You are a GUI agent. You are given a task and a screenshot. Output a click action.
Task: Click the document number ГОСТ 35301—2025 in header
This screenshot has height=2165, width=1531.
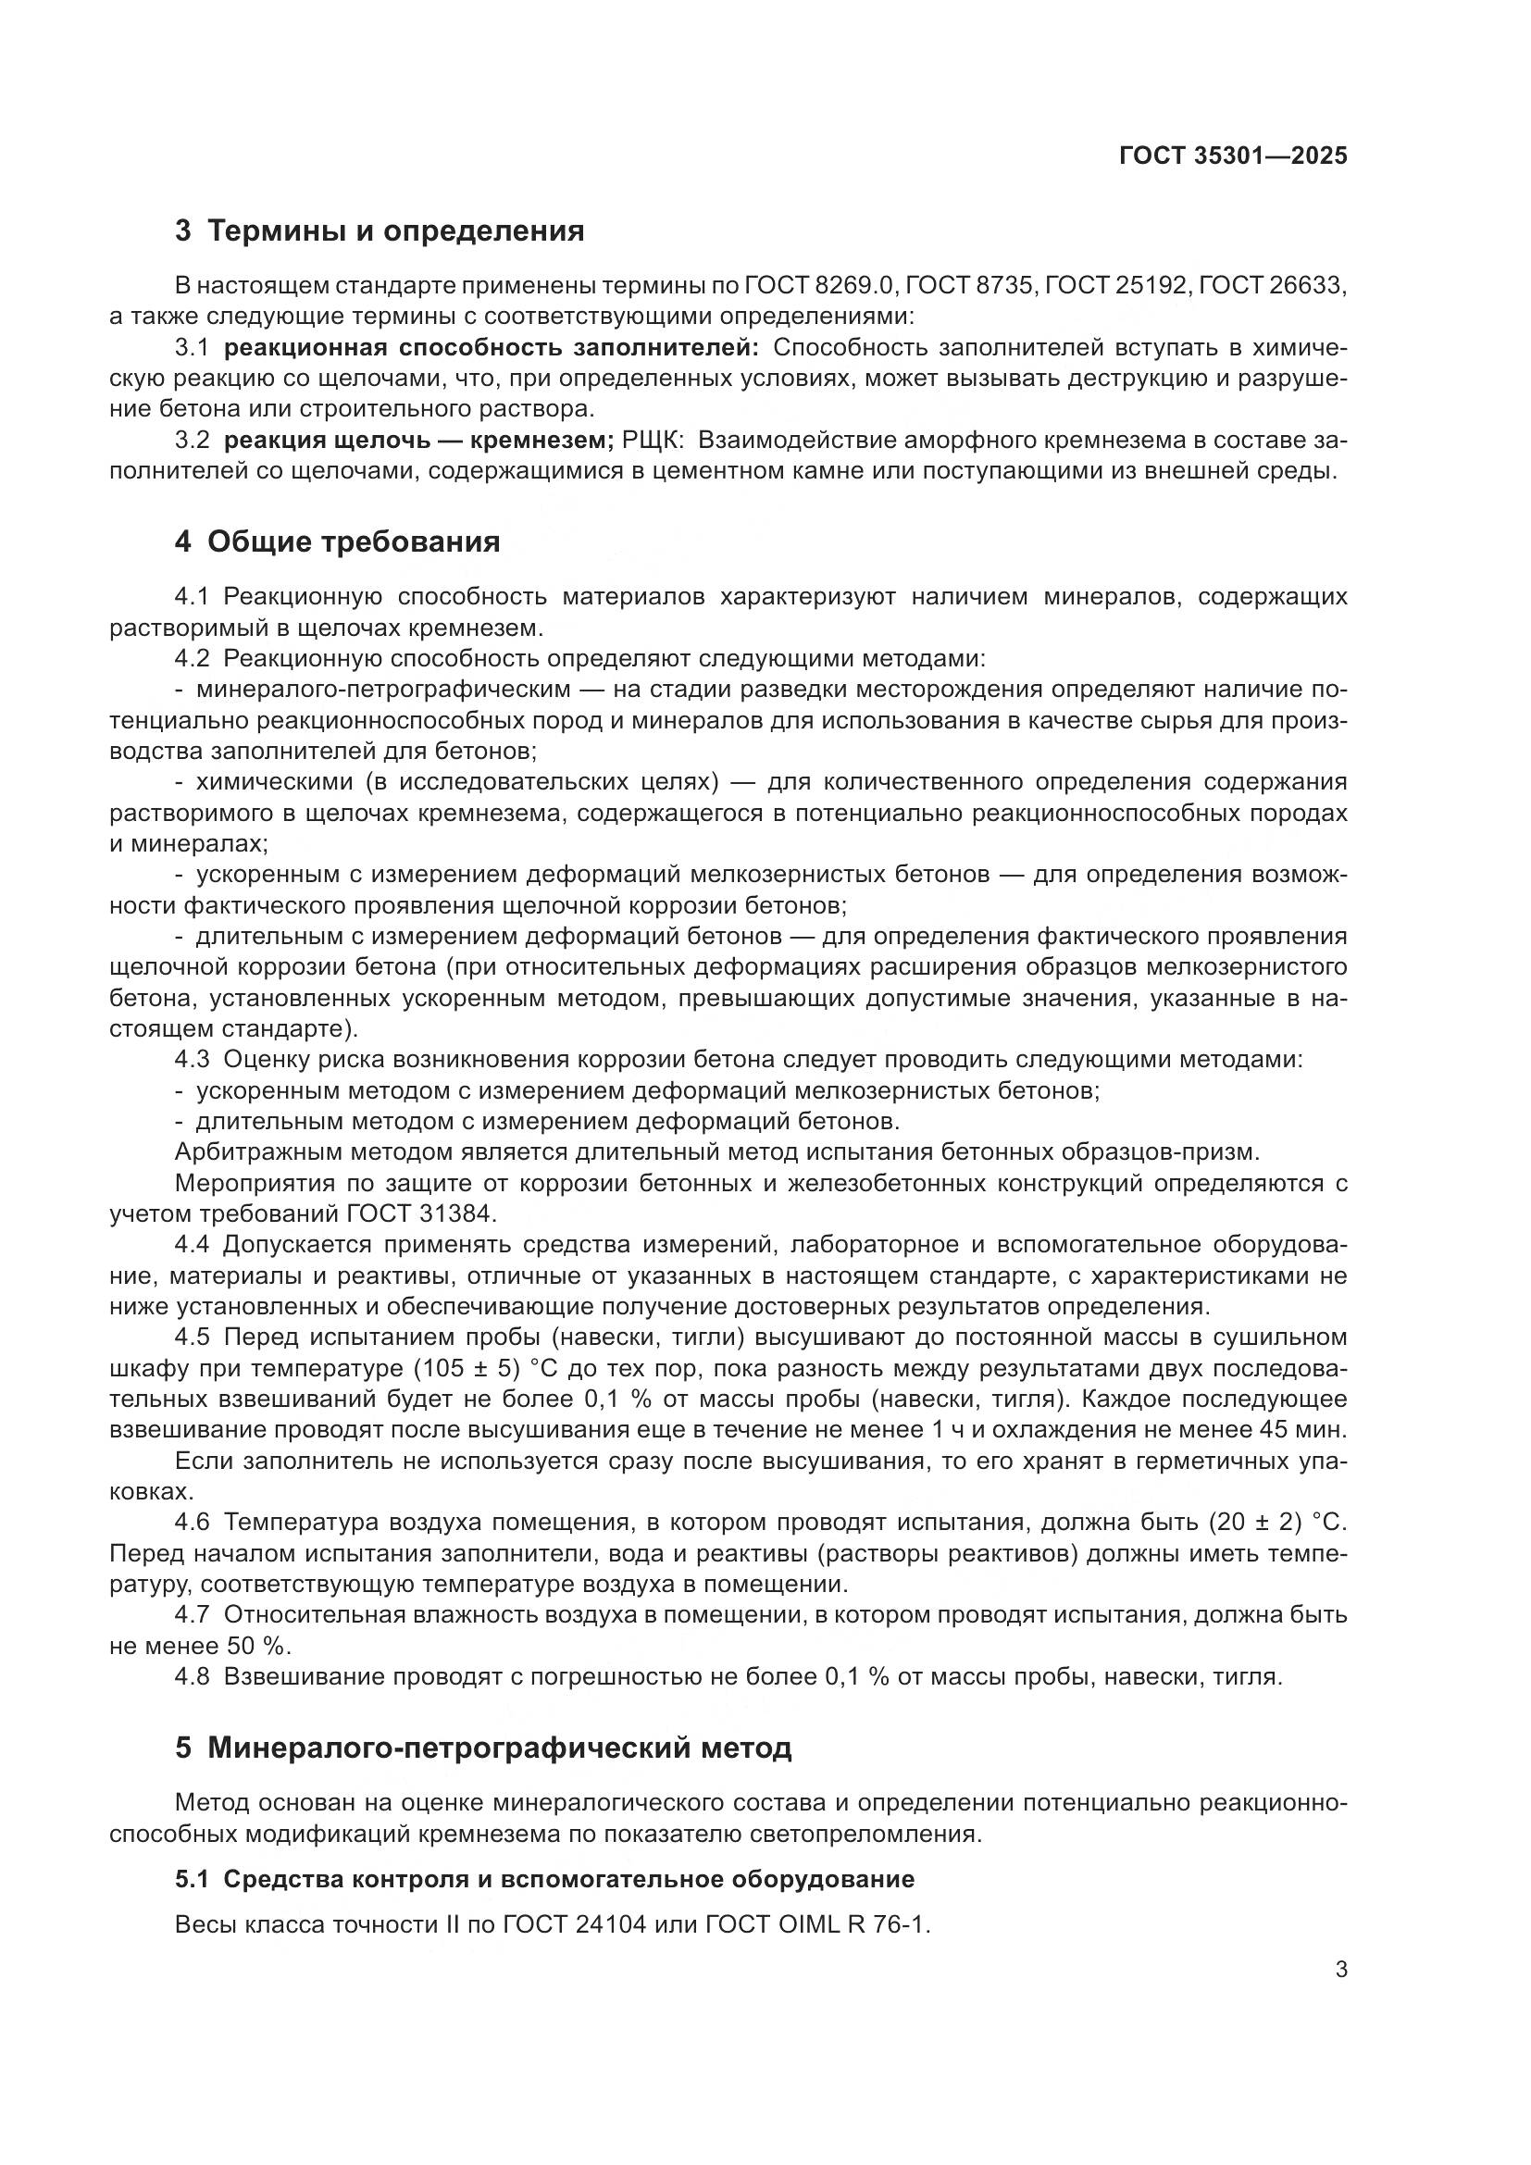[1232, 156]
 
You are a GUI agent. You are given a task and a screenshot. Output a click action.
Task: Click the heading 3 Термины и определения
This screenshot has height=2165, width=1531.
[379, 231]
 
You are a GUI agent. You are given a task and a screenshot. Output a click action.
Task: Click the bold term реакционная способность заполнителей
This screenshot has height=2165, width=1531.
[491, 348]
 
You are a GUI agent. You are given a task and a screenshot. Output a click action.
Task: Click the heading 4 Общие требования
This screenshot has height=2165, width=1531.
[337, 542]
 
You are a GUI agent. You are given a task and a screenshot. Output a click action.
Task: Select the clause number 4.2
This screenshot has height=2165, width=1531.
[193, 658]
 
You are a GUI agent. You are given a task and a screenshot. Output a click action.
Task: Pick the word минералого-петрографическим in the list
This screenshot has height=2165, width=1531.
[383, 690]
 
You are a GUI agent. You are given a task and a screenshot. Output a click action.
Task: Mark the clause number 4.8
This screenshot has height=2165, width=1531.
[193, 1676]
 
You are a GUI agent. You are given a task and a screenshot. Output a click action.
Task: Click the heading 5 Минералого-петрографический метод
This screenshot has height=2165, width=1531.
[482, 1748]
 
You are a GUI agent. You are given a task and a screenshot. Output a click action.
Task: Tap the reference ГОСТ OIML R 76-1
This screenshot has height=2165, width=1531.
[817, 1924]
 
